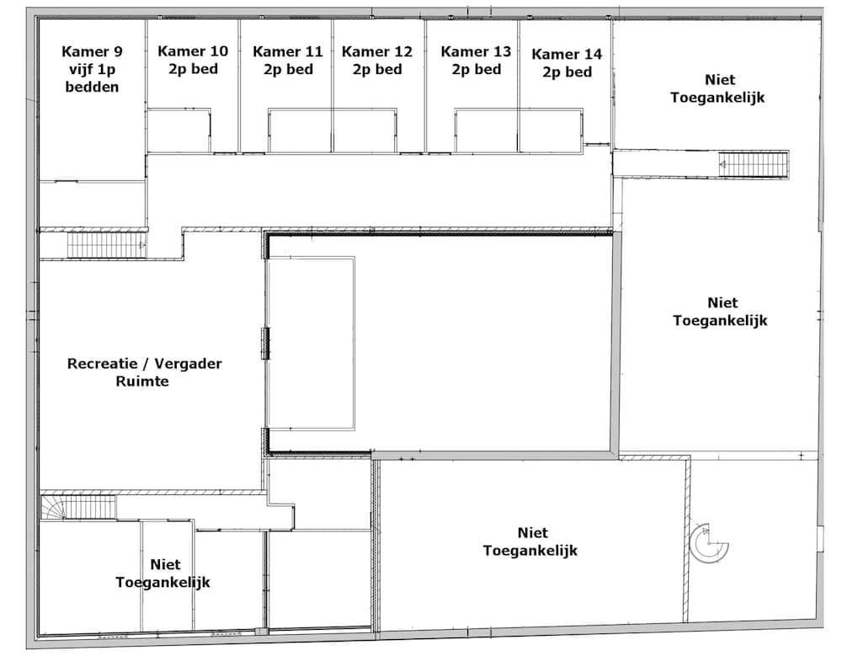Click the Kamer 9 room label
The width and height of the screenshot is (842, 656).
point(92,69)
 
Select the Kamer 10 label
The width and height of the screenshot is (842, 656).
point(193,60)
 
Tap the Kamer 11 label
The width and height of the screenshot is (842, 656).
point(288,60)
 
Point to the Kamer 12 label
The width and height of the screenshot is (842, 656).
point(377,60)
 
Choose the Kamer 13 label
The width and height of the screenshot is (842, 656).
point(476,60)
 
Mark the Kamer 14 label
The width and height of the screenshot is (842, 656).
point(567,63)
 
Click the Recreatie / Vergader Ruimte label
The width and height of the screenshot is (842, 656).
point(144,371)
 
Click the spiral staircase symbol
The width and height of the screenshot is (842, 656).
point(709,543)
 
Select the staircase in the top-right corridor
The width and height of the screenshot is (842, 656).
point(754,164)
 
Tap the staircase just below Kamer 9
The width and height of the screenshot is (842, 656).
point(106,245)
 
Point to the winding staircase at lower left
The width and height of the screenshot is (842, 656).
point(78,507)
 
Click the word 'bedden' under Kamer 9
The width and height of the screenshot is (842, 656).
point(92,87)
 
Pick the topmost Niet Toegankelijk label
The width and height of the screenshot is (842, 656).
point(718,88)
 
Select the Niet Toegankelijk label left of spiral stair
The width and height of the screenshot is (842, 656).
point(530,541)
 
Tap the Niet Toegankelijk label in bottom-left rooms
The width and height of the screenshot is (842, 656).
point(163,573)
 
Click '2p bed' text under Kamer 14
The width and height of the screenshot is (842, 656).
point(567,72)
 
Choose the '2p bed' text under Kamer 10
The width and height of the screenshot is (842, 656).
point(194,69)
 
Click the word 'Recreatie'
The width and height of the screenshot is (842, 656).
point(102,363)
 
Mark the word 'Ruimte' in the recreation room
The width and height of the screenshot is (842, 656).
point(142,381)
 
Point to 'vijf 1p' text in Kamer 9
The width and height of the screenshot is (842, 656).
point(92,69)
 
